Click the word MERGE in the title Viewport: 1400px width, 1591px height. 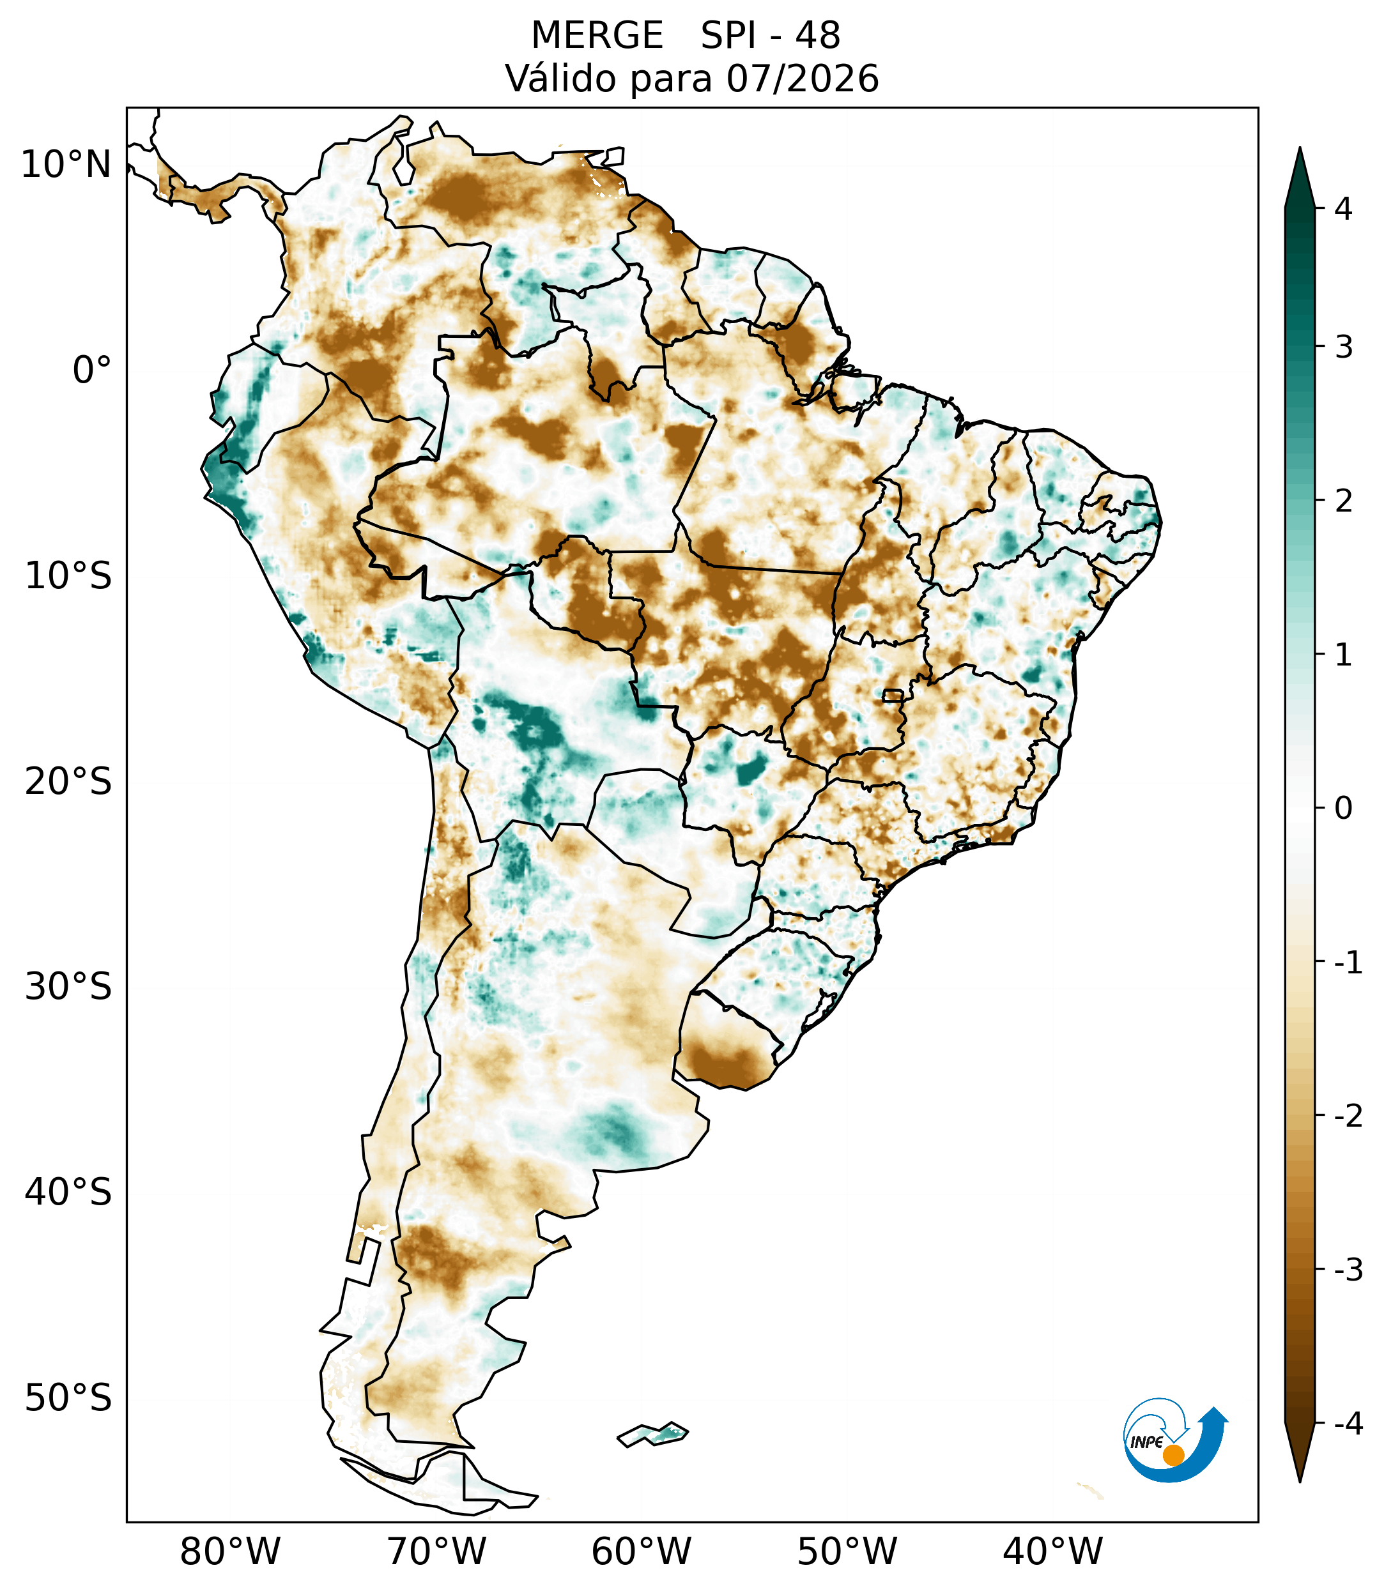(x=597, y=36)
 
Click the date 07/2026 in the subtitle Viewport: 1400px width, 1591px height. (x=803, y=79)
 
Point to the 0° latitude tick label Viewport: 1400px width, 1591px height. (x=92, y=370)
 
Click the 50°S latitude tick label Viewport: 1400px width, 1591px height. (x=68, y=1398)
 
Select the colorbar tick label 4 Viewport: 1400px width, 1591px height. (x=1343, y=209)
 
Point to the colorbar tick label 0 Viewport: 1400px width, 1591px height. (x=1343, y=809)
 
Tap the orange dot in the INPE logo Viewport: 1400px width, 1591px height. (x=1173, y=1455)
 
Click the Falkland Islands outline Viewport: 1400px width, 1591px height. (x=653, y=1434)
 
